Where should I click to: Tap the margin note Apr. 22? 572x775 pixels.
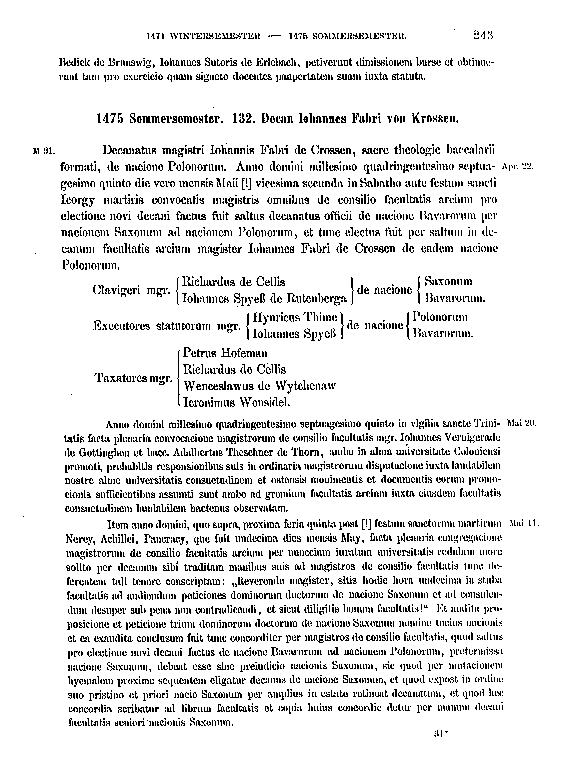(518, 166)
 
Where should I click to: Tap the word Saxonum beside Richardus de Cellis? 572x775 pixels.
(448, 281)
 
